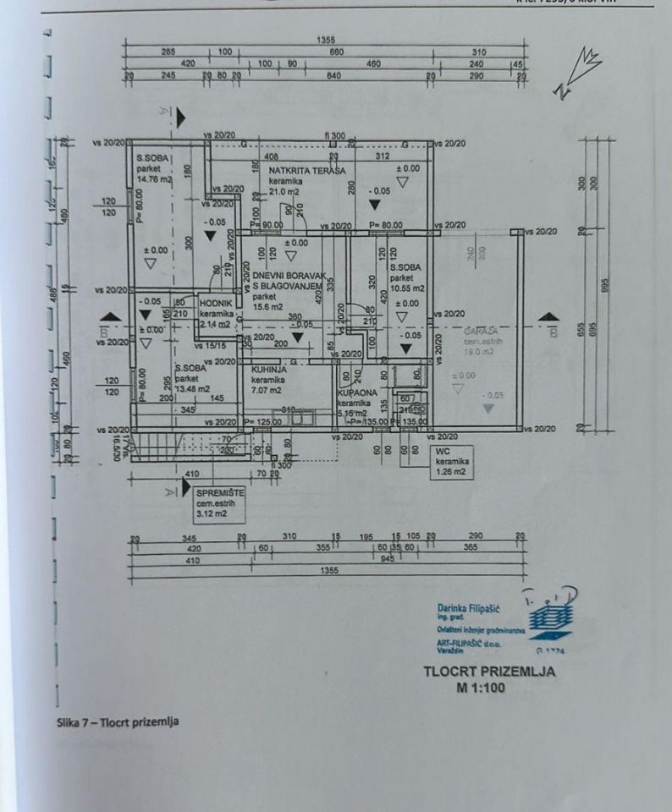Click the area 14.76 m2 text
154,179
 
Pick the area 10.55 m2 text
407,289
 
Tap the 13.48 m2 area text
195,378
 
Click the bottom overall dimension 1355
329,570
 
